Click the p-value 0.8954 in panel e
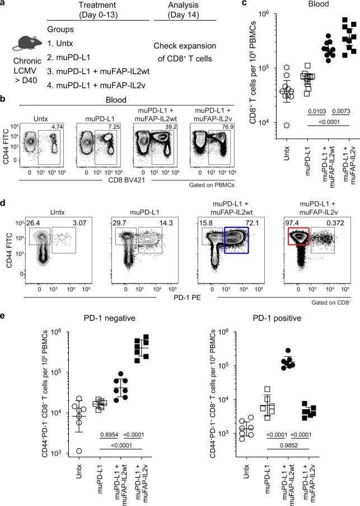pos(106,434)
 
